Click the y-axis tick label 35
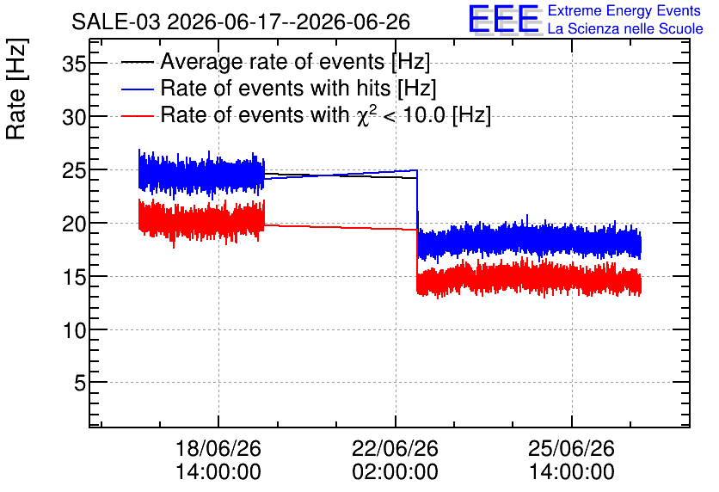[74, 64]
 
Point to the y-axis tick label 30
[74, 117]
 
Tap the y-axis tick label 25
[74, 170]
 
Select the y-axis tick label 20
[74, 224]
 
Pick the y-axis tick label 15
[74, 277]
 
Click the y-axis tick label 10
[74, 330]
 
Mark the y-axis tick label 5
[80, 383]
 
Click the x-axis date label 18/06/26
[218, 448]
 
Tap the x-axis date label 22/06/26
[395, 448]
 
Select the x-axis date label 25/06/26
[571, 448]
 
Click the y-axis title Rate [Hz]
[16, 89]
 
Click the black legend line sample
[137, 63]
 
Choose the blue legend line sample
[137, 89]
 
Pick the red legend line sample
[137, 116]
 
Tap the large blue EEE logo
[504, 19]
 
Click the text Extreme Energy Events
[624, 10]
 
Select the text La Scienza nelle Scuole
[625, 28]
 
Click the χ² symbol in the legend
[364, 115]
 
